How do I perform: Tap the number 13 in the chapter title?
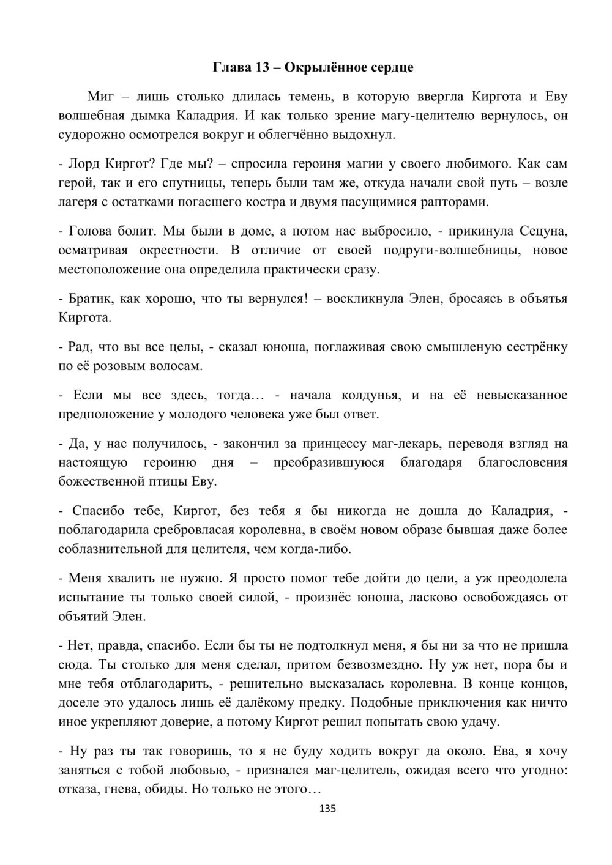pyautogui.click(x=263, y=67)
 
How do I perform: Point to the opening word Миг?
pyautogui.click(x=101, y=96)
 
